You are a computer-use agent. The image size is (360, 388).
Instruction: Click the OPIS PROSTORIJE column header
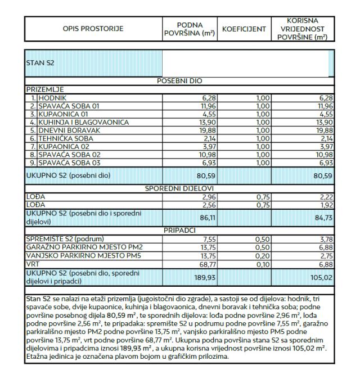pos(93,29)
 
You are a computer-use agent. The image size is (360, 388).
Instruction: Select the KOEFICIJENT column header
pos(244,29)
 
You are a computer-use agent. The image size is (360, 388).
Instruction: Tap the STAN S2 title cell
pos(40,62)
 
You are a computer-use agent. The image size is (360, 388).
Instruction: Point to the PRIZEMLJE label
pos(43,89)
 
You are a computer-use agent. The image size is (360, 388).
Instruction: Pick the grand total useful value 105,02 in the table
pos(318,277)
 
